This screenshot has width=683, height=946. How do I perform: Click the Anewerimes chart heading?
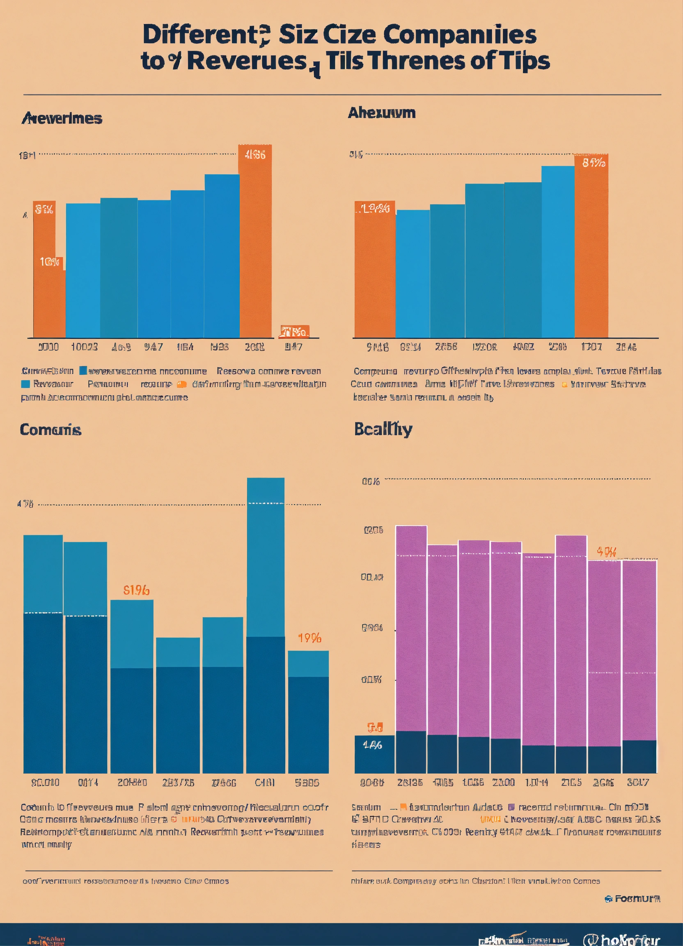click(x=62, y=119)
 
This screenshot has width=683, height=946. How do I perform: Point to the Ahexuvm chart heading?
click(x=382, y=113)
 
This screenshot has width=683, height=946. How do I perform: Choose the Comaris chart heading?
click(x=50, y=429)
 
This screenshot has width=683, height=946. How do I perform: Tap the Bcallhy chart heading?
click(x=383, y=429)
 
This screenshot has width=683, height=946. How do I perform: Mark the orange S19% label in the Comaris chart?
click(x=136, y=590)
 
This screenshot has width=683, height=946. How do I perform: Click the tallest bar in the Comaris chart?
click(x=266, y=626)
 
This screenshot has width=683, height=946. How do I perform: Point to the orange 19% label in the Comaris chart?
click(x=309, y=638)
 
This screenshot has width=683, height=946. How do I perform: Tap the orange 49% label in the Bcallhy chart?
click(x=606, y=552)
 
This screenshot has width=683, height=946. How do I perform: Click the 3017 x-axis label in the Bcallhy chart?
click(x=638, y=783)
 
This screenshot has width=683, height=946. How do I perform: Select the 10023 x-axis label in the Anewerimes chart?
click(x=84, y=347)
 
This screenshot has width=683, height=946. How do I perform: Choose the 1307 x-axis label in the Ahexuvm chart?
click(x=591, y=347)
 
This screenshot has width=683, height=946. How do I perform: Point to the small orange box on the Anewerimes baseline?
click(x=294, y=332)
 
